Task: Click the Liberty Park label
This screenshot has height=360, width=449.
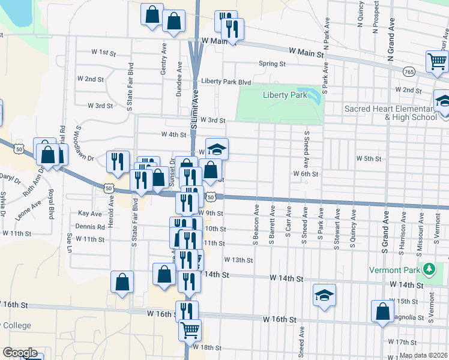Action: click(x=280, y=95)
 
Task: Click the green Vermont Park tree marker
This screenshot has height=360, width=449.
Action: click(x=428, y=268)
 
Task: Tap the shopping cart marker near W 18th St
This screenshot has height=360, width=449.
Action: click(x=190, y=329)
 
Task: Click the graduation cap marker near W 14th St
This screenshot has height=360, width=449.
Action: click(x=324, y=295)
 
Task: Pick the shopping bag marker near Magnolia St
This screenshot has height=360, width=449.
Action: click(x=382, y=311)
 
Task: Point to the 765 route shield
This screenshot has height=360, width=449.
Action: click(x=409, y=71)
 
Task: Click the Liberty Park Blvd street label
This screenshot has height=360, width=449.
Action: click(x=226, y=81)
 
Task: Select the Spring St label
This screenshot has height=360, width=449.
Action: click(x=272, y=64)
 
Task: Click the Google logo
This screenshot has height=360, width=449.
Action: click(x=20, y=353)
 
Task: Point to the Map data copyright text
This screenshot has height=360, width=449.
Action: click(x=423, y=355)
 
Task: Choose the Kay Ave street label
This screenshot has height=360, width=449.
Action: click(x=90, y=213)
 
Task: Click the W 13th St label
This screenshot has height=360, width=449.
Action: click(x=239, y=260)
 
